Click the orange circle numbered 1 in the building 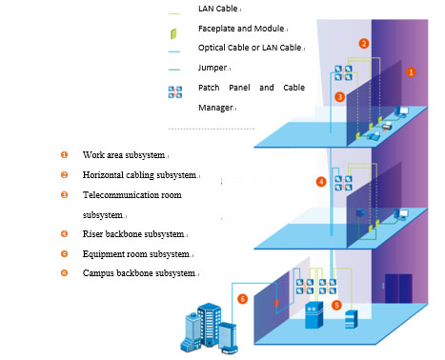tap(411, 72)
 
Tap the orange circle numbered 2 tap(364, 44)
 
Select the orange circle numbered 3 tap(339, 97)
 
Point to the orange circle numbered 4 tap(321, 182)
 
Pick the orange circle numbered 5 tap(336, 305)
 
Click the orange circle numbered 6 tap(242, 299)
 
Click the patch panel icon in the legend tap(175, 92)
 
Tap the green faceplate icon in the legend tap(173, 33)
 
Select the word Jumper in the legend tap(212, 68)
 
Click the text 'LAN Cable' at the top tap(218, 9)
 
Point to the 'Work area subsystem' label tap(124, 155)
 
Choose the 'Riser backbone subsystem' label tap(133, 234)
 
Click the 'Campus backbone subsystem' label tap(139, 273)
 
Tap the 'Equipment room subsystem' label tap(136, 254)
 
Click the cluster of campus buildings tap(209, 329)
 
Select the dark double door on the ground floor tap(398, 289)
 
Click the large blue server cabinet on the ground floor tap(314, 315)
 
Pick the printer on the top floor tap(387, 127)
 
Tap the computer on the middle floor tap(401, 214)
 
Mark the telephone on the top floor tap(374, 135)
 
